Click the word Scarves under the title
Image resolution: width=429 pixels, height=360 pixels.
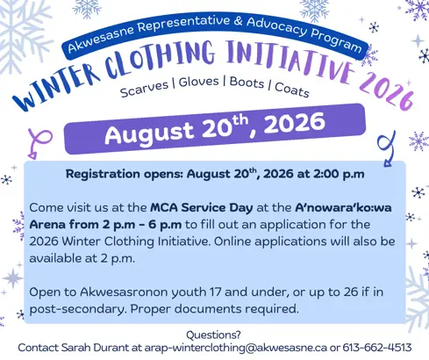(x=145, y=89)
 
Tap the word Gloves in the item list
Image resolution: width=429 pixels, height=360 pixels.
(x=199, y=82)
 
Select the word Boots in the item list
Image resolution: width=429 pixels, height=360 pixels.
(x=247, y=83)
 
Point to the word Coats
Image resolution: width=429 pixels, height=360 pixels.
(x=292, y=90)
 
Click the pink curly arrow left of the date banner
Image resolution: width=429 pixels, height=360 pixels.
(x=41, y=140)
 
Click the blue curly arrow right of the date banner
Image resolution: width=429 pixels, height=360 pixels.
(x=388, y=148)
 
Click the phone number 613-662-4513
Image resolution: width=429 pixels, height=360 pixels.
(x=377, y=348)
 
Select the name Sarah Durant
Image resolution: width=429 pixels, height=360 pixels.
(x=95, y=348)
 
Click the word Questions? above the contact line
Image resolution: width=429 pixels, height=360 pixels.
(x=213, y=335)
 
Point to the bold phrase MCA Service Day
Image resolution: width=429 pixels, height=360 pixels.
(x=202, y=207)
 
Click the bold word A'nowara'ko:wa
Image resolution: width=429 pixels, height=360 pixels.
(x=343, y=207)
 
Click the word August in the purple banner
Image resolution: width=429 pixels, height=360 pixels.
(x=149, y=133)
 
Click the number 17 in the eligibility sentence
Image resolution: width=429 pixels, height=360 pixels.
(x=215, y=292)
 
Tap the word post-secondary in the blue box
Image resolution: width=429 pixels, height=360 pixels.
(x=77, y=309)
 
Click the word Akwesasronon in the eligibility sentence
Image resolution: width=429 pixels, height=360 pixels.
(x=124, y=292)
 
